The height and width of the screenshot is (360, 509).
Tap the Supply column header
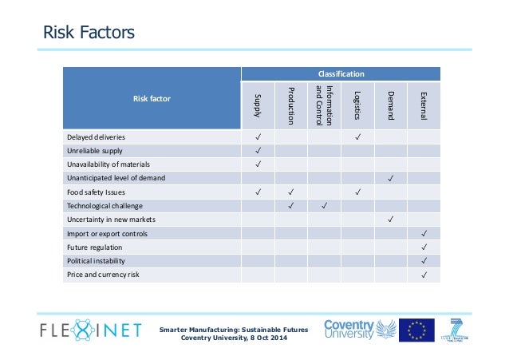click(258, 105)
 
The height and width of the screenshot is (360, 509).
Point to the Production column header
click(291, 105)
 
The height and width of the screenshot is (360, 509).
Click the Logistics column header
click(357, 105)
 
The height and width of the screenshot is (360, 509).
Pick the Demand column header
click(391, 105)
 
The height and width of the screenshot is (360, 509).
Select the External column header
click(424, 105)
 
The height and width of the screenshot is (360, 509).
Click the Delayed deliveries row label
click(97, 136)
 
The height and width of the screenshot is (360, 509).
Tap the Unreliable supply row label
click(94, 150)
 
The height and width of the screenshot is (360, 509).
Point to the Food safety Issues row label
click(97, 192)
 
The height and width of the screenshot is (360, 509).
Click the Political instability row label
click(96, 260)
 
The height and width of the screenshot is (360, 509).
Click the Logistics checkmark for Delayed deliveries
click(357, 136)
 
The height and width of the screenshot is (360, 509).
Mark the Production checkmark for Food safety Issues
click(291, 192)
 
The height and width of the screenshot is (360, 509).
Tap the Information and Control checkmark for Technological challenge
click(324, 205)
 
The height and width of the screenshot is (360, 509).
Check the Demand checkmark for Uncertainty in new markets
click(391, 219)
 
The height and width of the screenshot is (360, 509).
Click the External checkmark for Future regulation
click(424, 247)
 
